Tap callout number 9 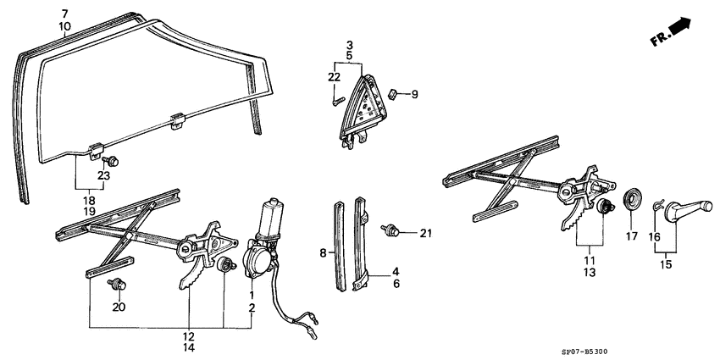click(x=415, y=95)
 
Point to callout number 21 click(x=426, y=233)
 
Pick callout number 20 click(x=119, y=307)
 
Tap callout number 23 click(x=103, y=176)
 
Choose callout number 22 click(x=334, y=78)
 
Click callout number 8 click(x=322, y=252)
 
